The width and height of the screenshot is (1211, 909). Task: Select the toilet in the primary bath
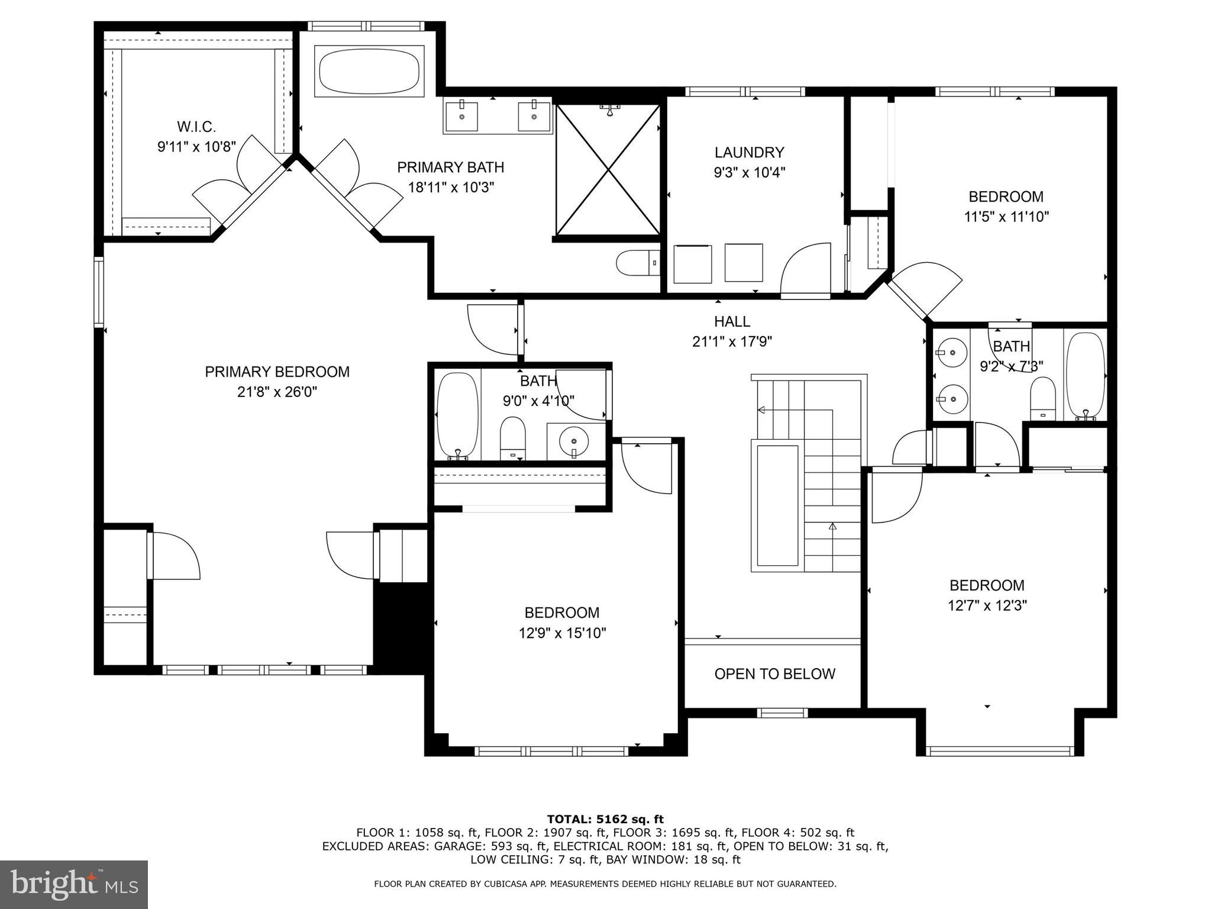pos(637,263)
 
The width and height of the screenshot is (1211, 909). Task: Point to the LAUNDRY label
pos(749,153)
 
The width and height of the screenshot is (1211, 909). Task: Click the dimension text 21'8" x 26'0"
pos(277,392)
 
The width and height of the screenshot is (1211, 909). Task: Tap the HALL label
pos(732,321)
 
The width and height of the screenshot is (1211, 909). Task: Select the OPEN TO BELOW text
pos(774,674)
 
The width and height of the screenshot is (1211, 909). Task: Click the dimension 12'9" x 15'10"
pos(562,633)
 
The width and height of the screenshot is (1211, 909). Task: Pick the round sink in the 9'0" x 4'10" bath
pos(574,441)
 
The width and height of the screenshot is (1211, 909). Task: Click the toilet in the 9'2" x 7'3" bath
pos(1042,398)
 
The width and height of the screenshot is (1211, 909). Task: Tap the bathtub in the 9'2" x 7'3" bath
pos(1085,376)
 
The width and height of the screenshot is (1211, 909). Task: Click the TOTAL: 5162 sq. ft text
pos(605,820)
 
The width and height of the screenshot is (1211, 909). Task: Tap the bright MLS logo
pos(73,884)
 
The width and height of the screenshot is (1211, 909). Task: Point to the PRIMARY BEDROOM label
pos(277,372)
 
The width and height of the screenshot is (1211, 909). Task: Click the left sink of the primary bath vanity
pos(461,116)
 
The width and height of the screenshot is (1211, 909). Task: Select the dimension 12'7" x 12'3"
pos(987,605)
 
